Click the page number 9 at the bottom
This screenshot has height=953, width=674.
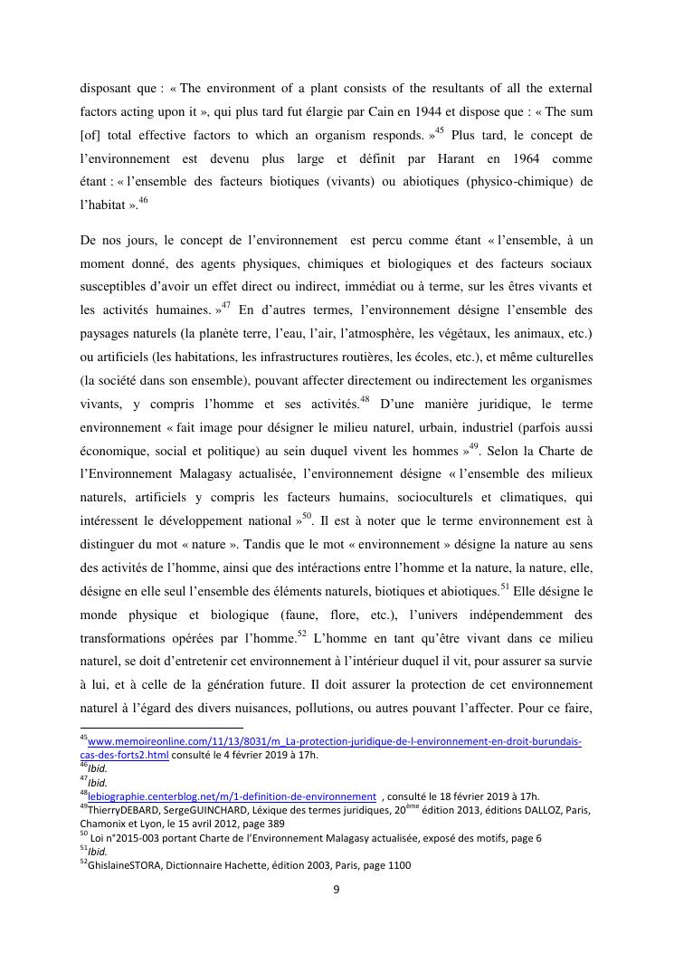pos(337,889)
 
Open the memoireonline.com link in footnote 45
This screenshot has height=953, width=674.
pos(335,741)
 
